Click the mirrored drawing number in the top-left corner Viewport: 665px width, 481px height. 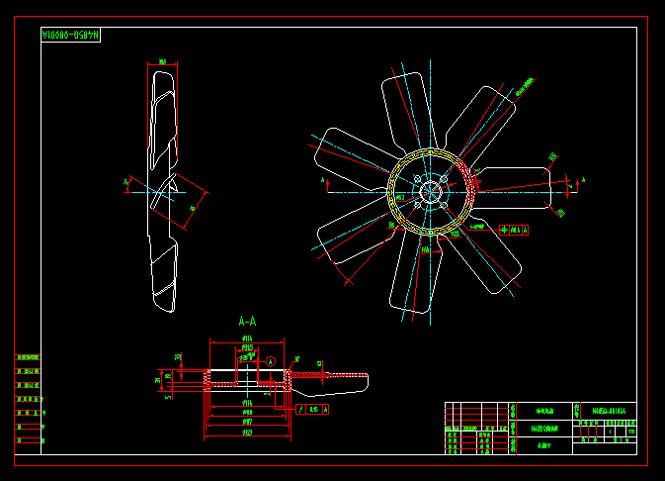pyautogui.click(x=71, y=36)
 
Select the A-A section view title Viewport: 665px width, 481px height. pyautogui.click(x=247, y=322)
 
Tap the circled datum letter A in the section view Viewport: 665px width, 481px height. pyautogui.click(x=270, y=362)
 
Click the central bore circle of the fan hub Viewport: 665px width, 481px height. pyautogui.click(x=432, y=192)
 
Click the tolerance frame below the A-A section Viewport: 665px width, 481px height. pyautogui.click(x=313, y=408)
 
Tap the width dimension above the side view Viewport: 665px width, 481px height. pyautogui.click(x=162, y=62)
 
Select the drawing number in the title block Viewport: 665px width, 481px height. pyautogui.click(x=608, y=410)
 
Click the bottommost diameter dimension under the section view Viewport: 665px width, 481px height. pyautogui.click(x=246, y=433)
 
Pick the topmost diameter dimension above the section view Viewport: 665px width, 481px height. pyautogui.click(x=246, y=339)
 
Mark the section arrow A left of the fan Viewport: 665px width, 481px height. pyautogui.click(x=326, y=182)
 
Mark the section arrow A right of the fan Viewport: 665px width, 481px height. pyautogui.click(x=581, y=180)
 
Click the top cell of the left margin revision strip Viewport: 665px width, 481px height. pyautogui.click(x=29, y=357)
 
